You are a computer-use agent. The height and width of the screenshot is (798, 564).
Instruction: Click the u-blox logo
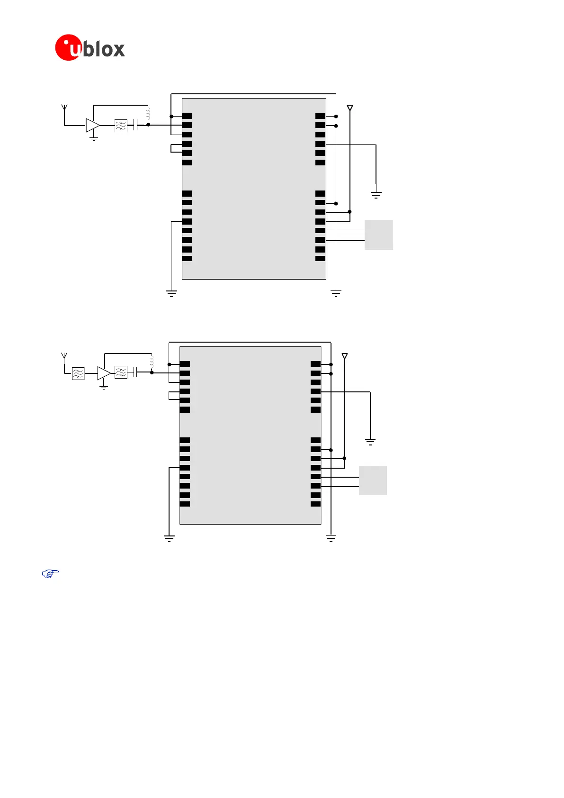click(90, 48)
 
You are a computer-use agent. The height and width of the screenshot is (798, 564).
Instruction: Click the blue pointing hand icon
click(50, 574)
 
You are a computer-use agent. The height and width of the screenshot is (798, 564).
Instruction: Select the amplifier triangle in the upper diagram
click(92, 125)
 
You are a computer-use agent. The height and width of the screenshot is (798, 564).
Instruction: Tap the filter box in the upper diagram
click(121, 126)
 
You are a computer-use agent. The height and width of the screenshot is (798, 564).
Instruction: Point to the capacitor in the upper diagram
click(136, 126)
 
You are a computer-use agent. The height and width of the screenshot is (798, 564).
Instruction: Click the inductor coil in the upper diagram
click(148, 114)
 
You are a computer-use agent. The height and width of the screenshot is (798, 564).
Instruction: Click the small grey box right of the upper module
click(378, 235)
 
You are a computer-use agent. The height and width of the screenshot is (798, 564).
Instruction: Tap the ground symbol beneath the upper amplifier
click(94, 138)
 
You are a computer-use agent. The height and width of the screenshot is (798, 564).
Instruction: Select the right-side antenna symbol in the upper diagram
click(350, 109)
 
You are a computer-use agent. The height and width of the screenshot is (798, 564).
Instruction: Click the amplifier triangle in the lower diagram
click(104, 373)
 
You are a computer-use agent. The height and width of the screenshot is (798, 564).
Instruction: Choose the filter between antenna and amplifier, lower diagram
click(78, 373)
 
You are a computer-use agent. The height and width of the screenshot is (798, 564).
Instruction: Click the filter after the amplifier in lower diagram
click(121, 373)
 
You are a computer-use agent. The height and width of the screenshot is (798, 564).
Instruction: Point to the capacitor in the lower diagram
click(135, 373)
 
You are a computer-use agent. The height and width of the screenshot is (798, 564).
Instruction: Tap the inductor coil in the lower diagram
click(152, 362)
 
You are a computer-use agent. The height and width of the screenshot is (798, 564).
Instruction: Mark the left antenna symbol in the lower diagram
click(64, 356)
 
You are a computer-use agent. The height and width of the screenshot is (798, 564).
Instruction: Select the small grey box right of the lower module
click(373, 481)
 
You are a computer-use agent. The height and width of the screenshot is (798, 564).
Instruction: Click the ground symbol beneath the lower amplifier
click(104, 387)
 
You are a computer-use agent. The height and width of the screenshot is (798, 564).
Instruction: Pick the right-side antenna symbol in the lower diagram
click(345, 356)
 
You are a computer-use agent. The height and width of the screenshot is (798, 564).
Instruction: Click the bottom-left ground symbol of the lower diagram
click(169, 538)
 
